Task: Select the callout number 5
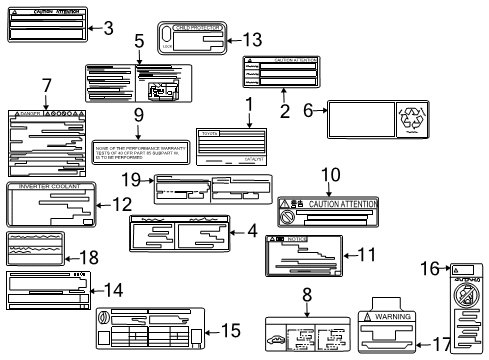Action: [140, 42]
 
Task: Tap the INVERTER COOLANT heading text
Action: [50, 187]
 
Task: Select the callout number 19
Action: [143, 179]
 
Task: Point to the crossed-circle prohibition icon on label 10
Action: [287, 216]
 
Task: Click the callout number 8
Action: [308, 296]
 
